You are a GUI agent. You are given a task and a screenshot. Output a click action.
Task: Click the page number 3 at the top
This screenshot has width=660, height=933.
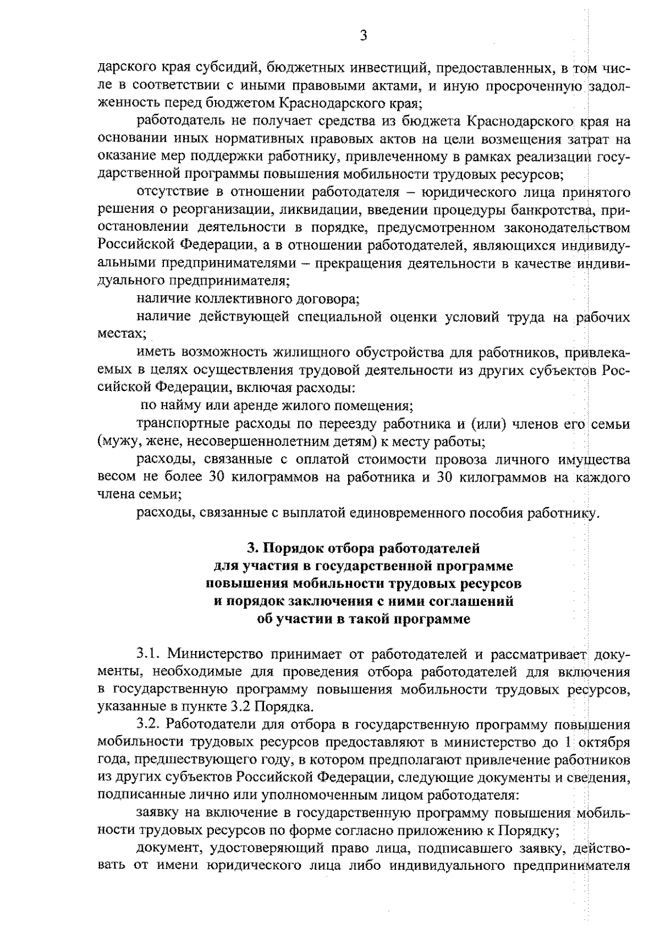[362, 36]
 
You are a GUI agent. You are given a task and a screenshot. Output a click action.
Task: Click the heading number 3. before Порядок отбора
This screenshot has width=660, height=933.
[252, 548]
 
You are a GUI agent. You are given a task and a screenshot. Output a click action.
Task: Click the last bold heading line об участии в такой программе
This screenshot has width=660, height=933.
[364, 619]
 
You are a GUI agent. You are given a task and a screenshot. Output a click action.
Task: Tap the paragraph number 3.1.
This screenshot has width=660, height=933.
[148, 654]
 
